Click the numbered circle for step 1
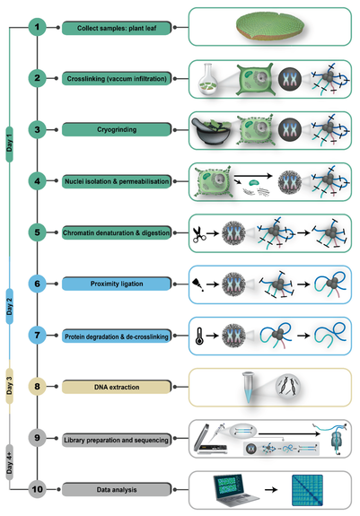coord(37,28)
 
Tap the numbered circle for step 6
coord(37,283)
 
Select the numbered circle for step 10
coord(37,488)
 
